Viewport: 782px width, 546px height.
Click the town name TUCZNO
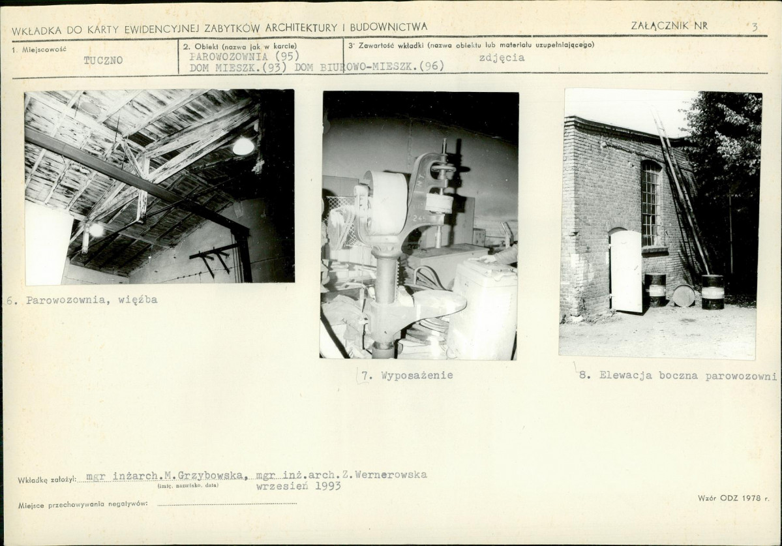[103, 61]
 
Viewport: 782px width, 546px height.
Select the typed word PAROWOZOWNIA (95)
[245, 55]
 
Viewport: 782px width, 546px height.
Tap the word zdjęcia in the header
[502, 58]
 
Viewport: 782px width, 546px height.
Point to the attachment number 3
[755, 27]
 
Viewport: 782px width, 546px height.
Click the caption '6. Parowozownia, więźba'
[82, 300]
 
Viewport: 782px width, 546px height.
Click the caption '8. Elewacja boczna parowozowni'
[678, 376]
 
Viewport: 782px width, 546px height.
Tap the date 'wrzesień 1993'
[299, 486]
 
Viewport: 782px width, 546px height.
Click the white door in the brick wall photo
[626, 271]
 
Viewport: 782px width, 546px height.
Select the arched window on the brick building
[650, 203]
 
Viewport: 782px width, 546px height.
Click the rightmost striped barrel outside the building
[712, 292]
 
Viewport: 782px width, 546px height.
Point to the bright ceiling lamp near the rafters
[243, 146]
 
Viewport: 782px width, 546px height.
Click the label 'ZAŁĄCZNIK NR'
[669, 26]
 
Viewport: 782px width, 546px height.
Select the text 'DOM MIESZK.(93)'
[238, 67]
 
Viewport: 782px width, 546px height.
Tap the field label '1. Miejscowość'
[39, 50]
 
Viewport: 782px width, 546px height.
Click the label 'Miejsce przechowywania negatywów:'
[83, 505]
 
